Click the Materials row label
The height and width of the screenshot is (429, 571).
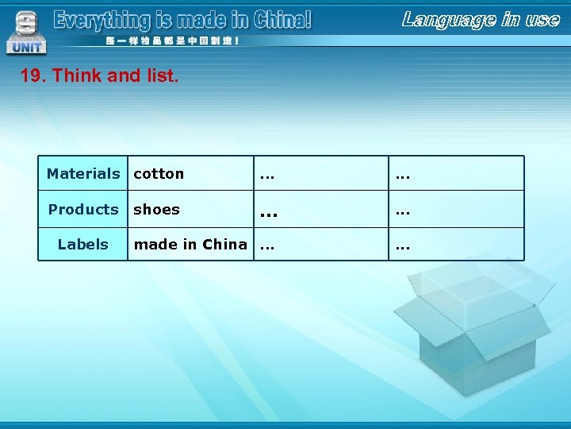click(x=82, y=173)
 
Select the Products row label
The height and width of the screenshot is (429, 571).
click(x=82, y=209)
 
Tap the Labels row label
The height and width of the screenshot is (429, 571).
click(x=82, y=244)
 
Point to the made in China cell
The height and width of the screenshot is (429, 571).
click(x=190, y=244)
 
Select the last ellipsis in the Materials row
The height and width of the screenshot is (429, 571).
click(x=403, y=174)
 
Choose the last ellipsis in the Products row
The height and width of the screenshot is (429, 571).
click(x=403, y=211)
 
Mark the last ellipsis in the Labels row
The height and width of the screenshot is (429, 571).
click(x=403, y=245)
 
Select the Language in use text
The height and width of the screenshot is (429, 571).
click(x=481, y=18)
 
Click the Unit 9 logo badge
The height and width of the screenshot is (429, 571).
click(x=25, y=32)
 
